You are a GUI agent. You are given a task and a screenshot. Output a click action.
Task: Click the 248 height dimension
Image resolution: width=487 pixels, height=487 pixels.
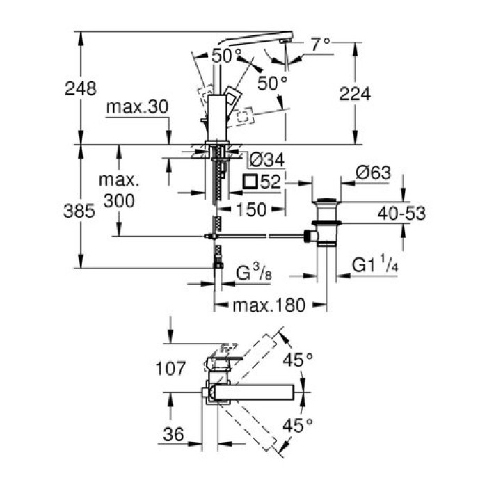80,89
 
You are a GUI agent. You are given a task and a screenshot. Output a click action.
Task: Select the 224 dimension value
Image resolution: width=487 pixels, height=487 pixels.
355,94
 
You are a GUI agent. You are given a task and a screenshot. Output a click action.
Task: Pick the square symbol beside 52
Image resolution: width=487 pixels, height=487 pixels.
251,183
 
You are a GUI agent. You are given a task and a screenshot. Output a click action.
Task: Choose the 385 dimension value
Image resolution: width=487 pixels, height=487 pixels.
80,211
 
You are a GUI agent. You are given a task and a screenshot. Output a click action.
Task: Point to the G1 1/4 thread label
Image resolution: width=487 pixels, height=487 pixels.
374,265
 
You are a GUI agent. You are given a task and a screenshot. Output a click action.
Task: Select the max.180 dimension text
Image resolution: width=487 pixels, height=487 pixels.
269,304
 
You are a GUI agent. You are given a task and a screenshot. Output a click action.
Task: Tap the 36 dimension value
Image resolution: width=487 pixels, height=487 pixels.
175,435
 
